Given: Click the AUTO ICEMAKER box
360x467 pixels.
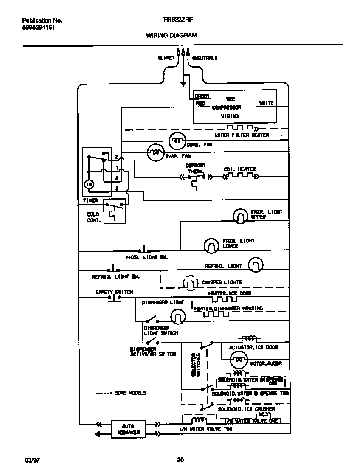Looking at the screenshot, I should tap(128, 429).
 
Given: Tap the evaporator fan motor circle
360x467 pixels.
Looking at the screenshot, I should tap(155, 152).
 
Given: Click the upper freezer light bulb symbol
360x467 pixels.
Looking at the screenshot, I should tap(240, 216).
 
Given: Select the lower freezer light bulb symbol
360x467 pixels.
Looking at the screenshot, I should tap(211, 245).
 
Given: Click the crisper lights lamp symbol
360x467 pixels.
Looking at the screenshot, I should tap(189, 282).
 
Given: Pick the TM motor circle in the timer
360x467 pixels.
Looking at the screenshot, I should tap(89, 184).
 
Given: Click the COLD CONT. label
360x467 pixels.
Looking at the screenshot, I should tap(93, 217).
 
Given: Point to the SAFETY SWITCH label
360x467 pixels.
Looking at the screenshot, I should tap(114, 292).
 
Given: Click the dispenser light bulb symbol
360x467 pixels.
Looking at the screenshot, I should tap(178, 316).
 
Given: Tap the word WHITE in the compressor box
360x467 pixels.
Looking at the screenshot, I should tap(266, 103).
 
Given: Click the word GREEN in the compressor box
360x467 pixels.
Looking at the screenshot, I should tap(202, 96).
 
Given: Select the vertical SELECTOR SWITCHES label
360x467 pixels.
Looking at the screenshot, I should tap(196, 365).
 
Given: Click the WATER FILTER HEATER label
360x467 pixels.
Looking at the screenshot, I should tap(241, 135).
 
